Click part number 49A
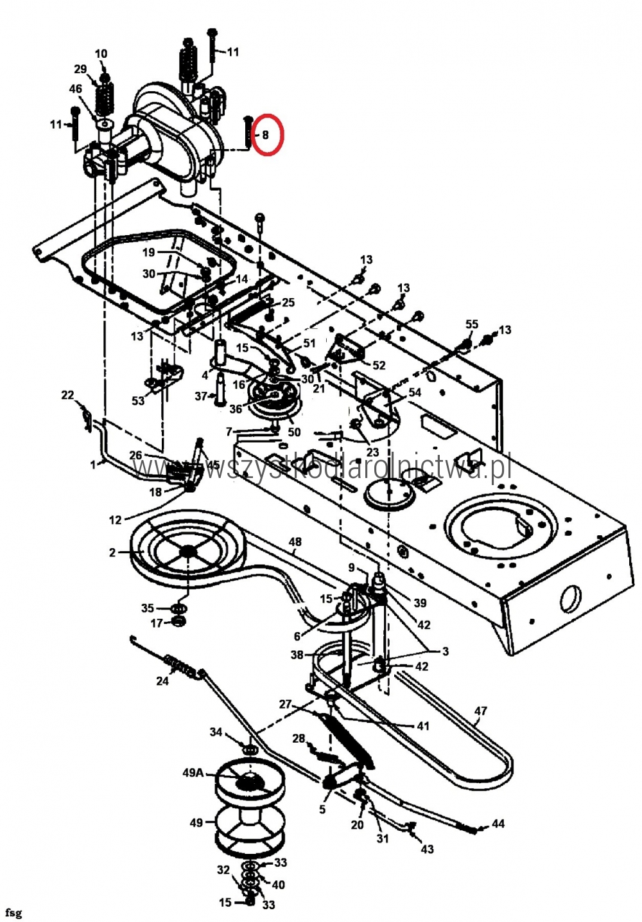click(193, 772)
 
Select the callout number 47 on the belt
click(480, 711)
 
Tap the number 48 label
click(295, 542)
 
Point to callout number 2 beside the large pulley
click(113, 553)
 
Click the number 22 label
click(67, 395)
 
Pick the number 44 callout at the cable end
click(498, 824)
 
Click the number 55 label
click(472, 324)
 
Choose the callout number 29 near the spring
click(80, 69)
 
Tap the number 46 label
click(76, 89)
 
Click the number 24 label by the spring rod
click(162, 681)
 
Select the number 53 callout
click(138, 401)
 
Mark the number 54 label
click(415, 392)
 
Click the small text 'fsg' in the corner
click(13, 912)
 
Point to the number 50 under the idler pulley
click(294, 432)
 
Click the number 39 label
click(420, 603)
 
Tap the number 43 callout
click(427, 849)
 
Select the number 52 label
click(379, 365)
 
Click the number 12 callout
click(116, 520)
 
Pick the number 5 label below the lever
click(322, 810)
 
